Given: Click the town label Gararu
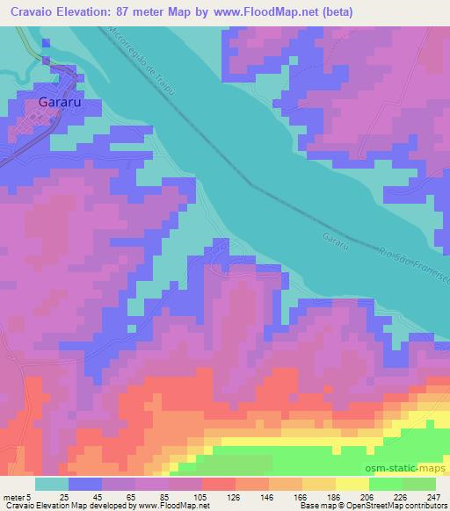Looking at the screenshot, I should [x=60, y=102].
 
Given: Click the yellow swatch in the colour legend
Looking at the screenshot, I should [x=352, y=484].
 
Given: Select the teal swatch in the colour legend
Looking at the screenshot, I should [x=52, y=484].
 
